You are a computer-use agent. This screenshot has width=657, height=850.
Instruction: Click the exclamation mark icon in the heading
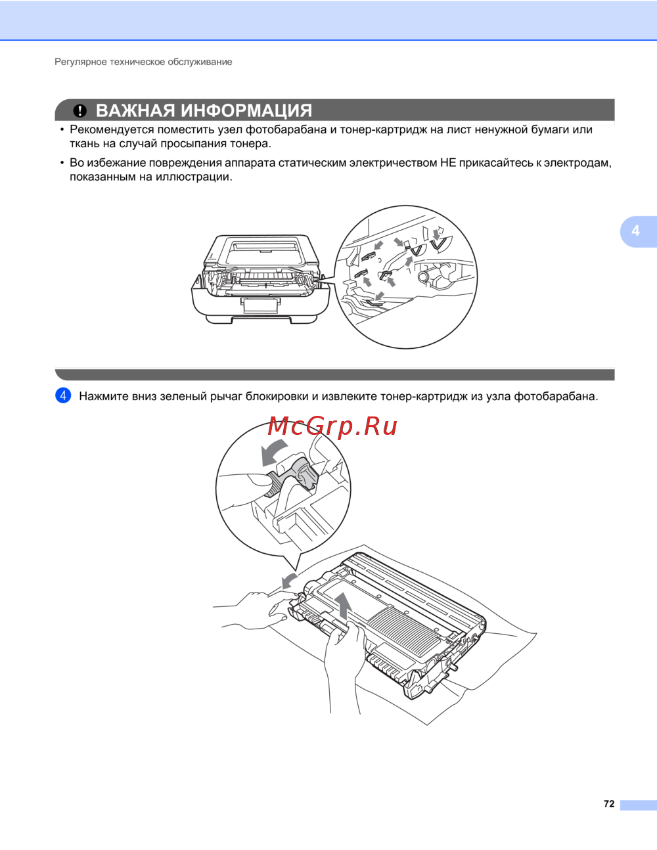[x=79, y=111]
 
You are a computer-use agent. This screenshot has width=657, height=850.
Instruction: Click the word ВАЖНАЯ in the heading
[x=135, y=110]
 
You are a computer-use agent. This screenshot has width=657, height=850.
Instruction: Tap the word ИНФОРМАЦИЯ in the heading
[x=246, y=111]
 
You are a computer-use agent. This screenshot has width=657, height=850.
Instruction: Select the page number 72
[x=609, y=803]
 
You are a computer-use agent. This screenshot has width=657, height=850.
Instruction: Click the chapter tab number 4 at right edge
[x=635, y=231]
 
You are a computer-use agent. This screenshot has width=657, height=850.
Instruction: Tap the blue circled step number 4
[x=63, y=395]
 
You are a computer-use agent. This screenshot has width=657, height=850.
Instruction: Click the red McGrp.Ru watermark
[x=332, y=426]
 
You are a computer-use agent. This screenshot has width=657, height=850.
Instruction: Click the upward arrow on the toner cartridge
[x=343, y=606]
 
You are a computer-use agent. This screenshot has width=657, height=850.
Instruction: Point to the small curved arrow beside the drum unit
[x=288, y=580]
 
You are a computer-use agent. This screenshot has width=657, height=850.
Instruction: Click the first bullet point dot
[x=62, y=129]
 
